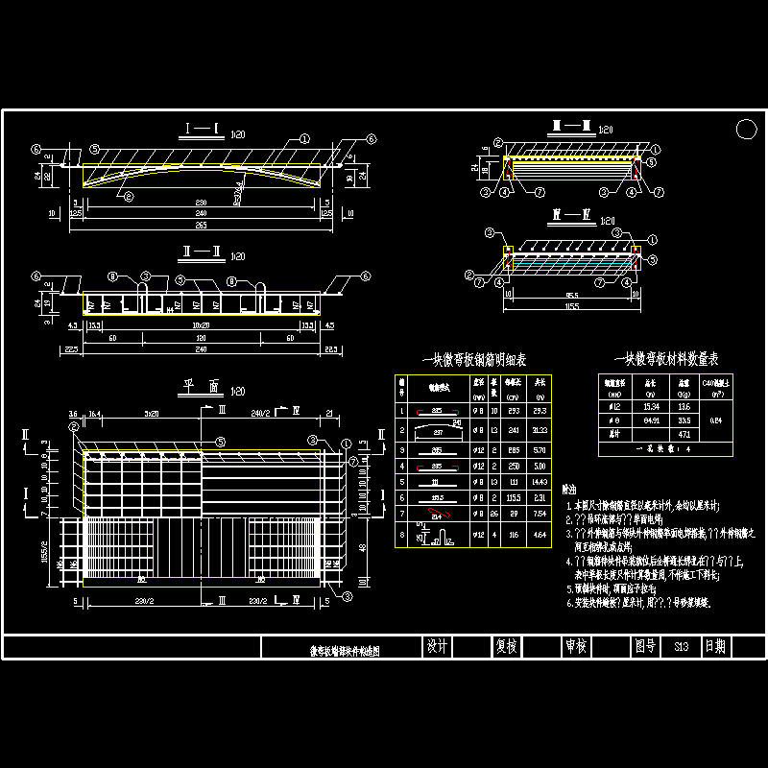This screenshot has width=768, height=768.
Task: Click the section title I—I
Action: pyautogui.click(x=204, y=128)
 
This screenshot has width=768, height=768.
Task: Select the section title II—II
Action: pyautogui.click(x=204, y=257)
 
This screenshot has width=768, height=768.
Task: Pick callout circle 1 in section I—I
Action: pyautogui.click(x=304, y=138)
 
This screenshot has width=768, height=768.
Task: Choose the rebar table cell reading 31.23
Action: pyautogui.click(x=540, y=432)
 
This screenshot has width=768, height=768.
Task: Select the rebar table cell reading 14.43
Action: pyautogui.click(x=540, y=480)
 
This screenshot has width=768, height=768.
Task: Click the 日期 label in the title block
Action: pyautogui.click(x=716, y=647)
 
